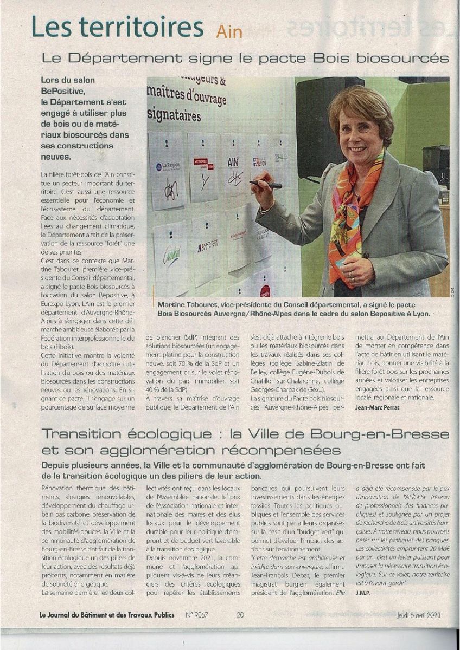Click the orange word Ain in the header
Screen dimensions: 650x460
tap(229, 31)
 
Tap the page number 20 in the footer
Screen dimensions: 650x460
tap(240, 614)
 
